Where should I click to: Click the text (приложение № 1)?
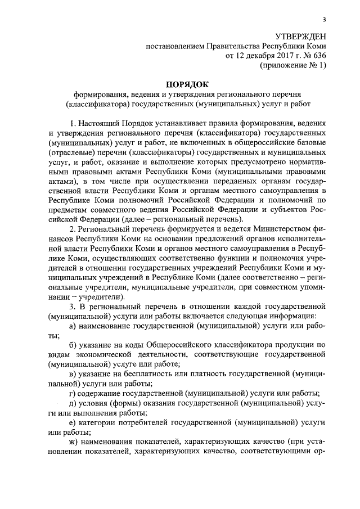click(x=292, y=65)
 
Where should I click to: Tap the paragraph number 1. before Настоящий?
click(x=73, y=123)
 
